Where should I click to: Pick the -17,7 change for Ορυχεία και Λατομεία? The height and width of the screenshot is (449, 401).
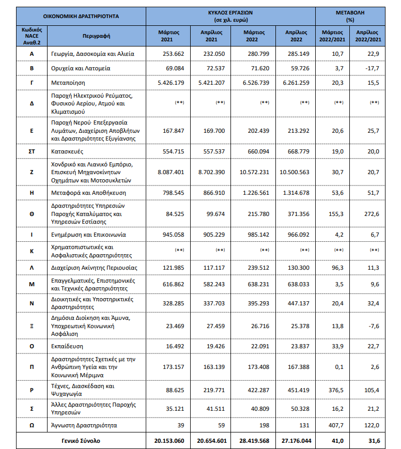370,68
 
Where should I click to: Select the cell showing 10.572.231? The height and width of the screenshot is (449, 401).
257,172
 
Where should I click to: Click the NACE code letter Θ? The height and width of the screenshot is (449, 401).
32,213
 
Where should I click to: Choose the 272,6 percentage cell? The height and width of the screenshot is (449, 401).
370,213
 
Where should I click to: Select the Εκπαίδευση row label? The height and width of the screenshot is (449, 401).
67,346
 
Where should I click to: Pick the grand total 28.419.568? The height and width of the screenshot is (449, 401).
257,441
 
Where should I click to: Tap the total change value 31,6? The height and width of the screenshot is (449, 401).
370,441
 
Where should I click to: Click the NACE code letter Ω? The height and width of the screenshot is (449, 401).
32,425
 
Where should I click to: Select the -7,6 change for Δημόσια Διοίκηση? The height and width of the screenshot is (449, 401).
370,326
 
